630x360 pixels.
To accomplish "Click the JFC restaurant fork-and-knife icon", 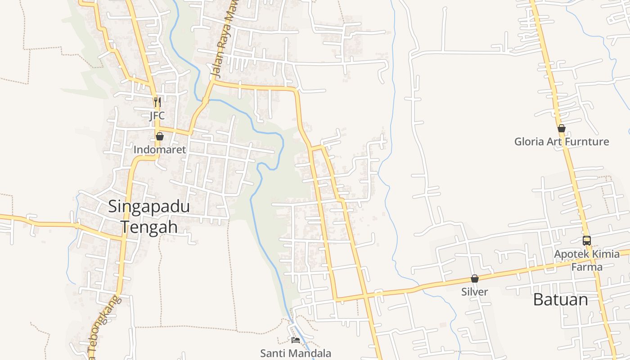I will pyautogui.click(x=157, y=102).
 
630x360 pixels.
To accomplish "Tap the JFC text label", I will pyautogui.click(x=157, y=116).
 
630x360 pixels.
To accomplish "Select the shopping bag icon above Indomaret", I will pyautogui.click(x=160, y=136).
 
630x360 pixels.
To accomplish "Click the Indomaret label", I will pyautogui.click(x=160, y=150).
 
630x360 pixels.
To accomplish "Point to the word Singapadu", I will pyautogui.click(x=149, y=207).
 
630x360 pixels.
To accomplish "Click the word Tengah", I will pyautogui.click(x=149, y=227).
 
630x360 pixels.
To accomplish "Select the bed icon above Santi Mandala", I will pyautogui.click(x=296, y=340).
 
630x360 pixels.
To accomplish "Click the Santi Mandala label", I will pyautogui.click(x=296, y=354).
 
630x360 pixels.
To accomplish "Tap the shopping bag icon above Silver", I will pyautogui.click(x=475, y=279).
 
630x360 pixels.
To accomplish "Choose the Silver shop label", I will pyautogui.click(x=475, y=292).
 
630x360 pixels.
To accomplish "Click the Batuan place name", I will pyautogui.click(x=560, y=300).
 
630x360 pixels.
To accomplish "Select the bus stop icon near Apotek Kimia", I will pyautogui.click(x=587, y=240).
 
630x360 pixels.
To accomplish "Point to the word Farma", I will pyautogui.click(x=587, y=267).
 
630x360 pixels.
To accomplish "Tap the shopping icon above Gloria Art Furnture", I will pyautogui.click(x=562, y=128).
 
